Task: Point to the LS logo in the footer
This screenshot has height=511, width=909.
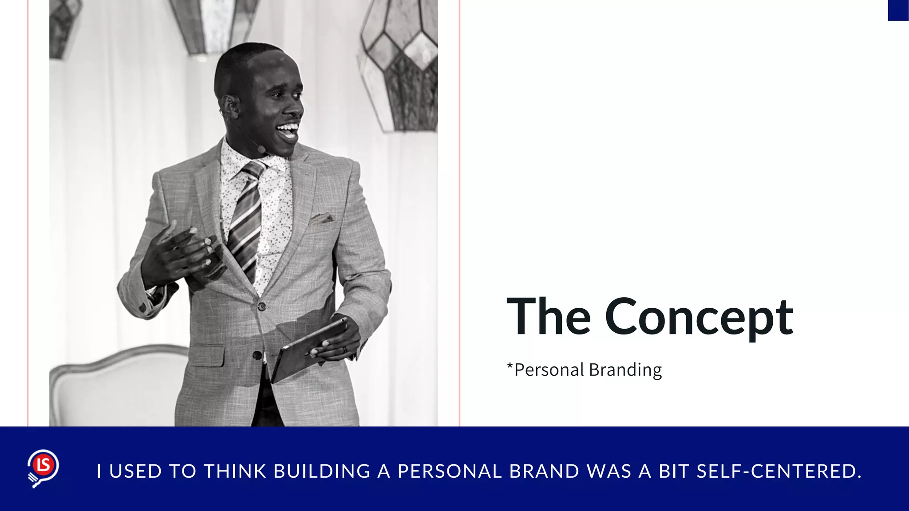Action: pyautogui.click(x=43, y=468)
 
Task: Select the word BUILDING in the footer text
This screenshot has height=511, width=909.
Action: pyautogui.click(x=322, y=471)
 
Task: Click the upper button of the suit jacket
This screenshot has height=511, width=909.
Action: pyautogui.click(x=262, y=306)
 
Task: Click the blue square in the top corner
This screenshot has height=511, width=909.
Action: pyautogui.click(x=898, y=10)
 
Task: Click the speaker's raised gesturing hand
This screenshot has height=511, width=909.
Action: pyautogui.click(x=178, y=253)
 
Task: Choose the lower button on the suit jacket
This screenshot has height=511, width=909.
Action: pyautogui.click(x=257, y=355)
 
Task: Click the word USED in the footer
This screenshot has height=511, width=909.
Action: pyautogui.click(x=135, y=471)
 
